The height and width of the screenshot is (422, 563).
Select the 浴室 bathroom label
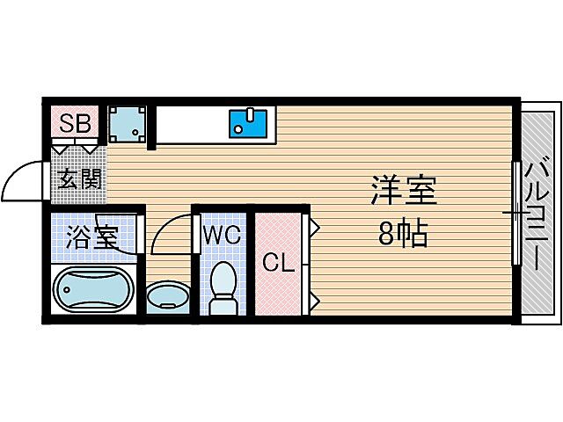(92, 236)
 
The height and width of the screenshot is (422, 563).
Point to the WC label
(222, 235)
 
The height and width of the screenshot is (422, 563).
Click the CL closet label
(278, 261)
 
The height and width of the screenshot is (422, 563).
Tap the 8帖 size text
(403, 234)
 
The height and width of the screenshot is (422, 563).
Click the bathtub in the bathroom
(92, 290)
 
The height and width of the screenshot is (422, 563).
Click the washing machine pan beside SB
(128, 125)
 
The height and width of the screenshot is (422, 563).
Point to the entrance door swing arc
(19, 179)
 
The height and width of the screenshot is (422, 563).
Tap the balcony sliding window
(515, 212)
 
